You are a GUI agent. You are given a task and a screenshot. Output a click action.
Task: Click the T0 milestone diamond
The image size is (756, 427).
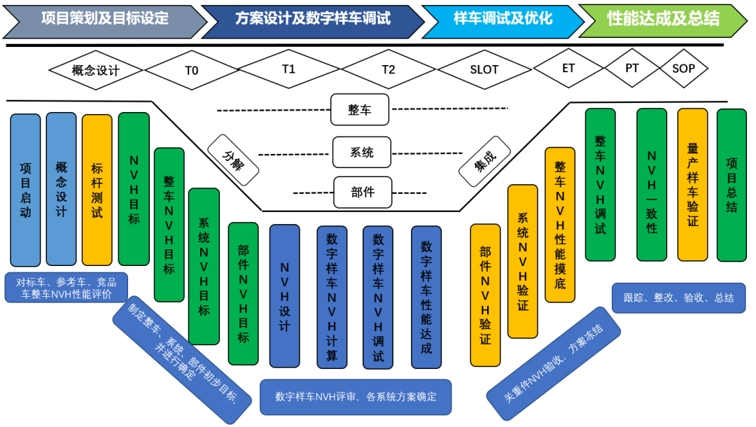(x=192, y=70)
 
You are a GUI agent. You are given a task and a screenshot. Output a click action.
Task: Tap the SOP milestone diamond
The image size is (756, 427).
(x=684, y=68)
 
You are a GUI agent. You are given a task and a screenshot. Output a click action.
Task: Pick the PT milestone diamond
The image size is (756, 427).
(x=631, y=68)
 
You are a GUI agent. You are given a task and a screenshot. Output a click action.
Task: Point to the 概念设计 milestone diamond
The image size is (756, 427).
(x=96, y=70)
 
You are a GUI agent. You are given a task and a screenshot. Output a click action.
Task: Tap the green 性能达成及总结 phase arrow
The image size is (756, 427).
(x=663, y=19)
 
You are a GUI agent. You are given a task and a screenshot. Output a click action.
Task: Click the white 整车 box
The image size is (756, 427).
(x=360, y=111)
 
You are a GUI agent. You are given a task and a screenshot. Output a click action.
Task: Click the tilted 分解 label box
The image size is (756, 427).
(x=234, y=160)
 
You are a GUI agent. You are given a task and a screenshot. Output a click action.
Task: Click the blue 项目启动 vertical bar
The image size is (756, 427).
(x=25, y=190)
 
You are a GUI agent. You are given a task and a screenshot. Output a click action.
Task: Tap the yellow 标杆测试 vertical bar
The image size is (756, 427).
(x=97, y=190)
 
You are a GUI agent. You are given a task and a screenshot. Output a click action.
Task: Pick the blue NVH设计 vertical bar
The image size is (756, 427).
(x=284, y=295)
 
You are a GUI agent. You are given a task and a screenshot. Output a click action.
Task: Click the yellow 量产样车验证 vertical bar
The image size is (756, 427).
(x=692, y=185)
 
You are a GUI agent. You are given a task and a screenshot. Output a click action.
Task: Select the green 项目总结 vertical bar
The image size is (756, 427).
(x=731, y=185)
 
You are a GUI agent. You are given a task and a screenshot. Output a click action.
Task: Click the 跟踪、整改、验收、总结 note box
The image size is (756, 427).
(x=678, y=297)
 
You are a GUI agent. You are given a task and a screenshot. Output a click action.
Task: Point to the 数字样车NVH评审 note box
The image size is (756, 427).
(x=356, y=397)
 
